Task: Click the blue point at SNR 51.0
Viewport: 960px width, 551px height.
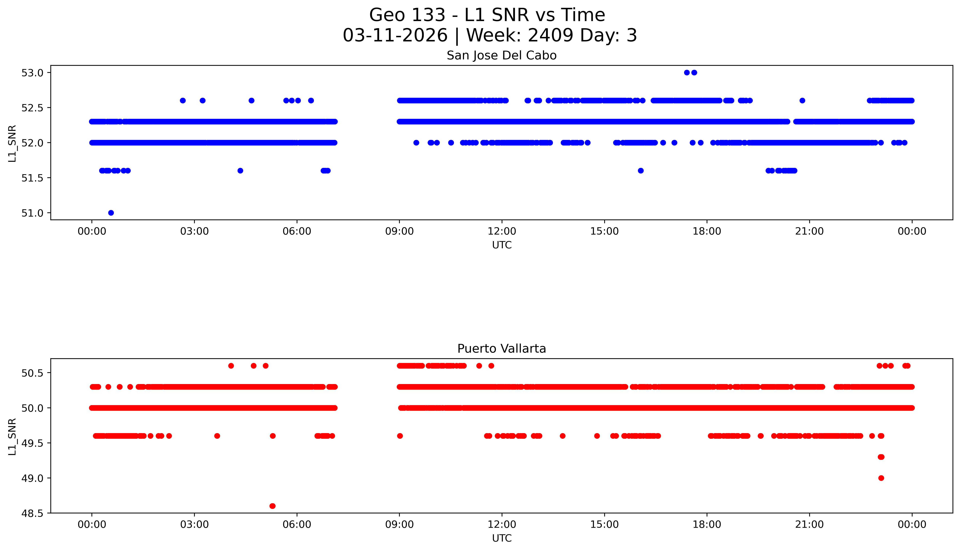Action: (x=111, y=213)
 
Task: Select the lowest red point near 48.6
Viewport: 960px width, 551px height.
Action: (x=272, y=506)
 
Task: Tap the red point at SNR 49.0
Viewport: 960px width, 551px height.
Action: (x=881, y=478)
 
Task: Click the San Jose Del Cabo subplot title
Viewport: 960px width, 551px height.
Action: (x=502, y=56)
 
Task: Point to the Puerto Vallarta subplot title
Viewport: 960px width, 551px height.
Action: (x=502, y=349)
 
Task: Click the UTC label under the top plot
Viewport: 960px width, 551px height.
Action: (x=502, y=245)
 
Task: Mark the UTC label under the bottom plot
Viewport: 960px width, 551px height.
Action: (x=502, y=538)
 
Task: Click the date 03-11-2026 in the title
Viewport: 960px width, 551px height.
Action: (x=395, y=36)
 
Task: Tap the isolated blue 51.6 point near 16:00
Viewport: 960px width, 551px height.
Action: (x=641, y=171)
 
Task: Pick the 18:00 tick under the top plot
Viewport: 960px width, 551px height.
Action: (x=707, y=231)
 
